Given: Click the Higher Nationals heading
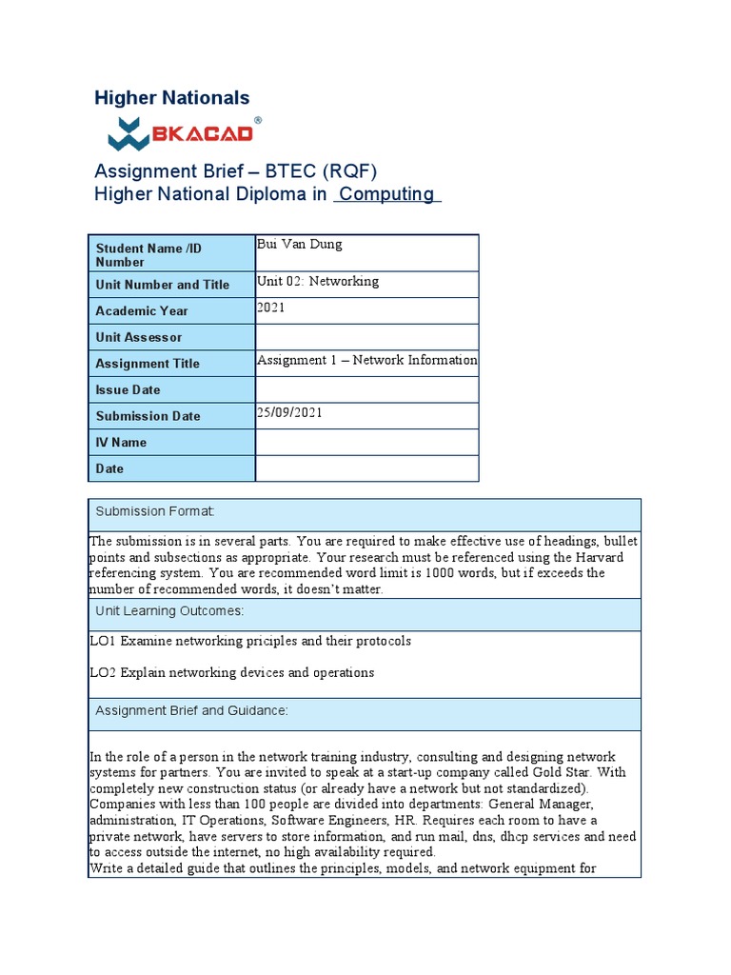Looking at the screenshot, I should pyautogui.click(x=171, y=98).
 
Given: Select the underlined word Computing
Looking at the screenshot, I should pyautogui.click(x=386, y=194).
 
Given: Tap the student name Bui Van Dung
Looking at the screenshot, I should pyautogui.click(x=300, y=245).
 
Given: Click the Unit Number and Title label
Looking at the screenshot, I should pyautogui.click(x=162, y=285).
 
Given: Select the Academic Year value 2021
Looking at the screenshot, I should pyautogui.click(x=271, y=308).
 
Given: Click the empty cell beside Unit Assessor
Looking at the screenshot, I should pyautogui.click(x=366, y=337).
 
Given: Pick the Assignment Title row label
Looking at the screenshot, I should pyautogui.click(x=148, y=364).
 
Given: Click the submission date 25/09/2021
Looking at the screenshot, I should pyautogui.click(x=289, y=413).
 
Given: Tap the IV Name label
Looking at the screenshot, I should pyautogui.click(x=121, y=443).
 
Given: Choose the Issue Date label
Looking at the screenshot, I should pyautogui.click(x=128, y=389).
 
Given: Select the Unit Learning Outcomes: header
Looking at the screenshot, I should pyautogui.click(x=169, y=611).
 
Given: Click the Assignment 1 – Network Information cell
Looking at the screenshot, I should pyautogui.click(x=366, y=361).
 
